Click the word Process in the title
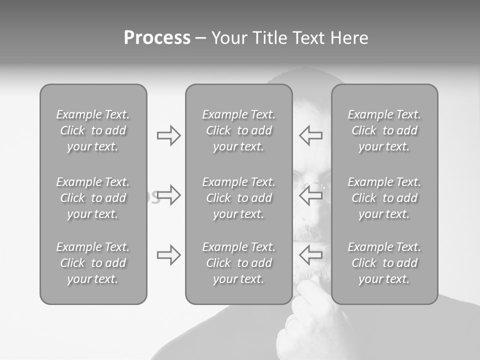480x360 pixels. [x=157, y=38]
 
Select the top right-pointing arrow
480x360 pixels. [x=169, y=135]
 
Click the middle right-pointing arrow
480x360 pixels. [x=169, y=195]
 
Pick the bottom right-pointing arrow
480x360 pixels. [x=169, y=255]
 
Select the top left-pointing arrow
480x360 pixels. [x=310, y=135]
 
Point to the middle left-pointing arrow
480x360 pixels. [x=310, y=195]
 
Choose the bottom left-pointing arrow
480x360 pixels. [x=310, y=255]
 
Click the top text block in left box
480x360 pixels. [x=93, y=130]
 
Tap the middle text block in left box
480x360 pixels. [x=93, y=198]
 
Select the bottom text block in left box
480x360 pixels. [x=93, y=263]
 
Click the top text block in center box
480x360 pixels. [x=238, y=130]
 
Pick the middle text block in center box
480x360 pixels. [x=238, y=198]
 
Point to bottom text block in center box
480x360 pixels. [x=238, y=263]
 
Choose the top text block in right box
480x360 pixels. [x=384, y=130]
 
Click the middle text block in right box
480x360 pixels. [x=384, y=198]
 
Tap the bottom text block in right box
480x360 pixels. [x=384, y=263]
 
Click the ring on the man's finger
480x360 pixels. [x=290, y=320]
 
